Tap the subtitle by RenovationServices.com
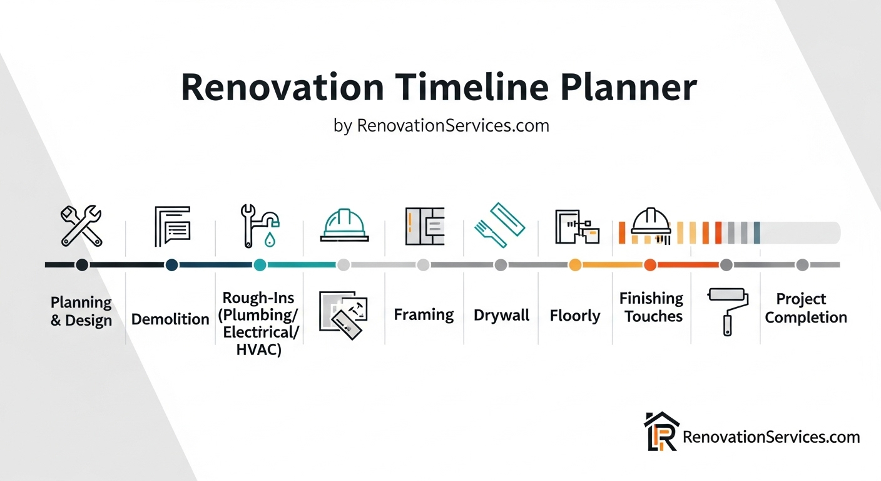[x=441, y=126]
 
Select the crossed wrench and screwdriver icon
[x=81, y=226]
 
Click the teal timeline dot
[x=260, y=265]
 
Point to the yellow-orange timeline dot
[x=575, y=265]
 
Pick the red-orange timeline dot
[x=650, y=265]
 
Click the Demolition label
[x=170, y=319]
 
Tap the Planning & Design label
[x=81, y=311]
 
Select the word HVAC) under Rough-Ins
[x=259, y=349]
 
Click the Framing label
[x=424, y=315]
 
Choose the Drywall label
[x=501, y=315]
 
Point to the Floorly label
[x=575, y=316]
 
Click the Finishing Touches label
[x=652, y=308]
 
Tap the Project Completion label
[x=805, y=308]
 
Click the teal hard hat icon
[x=345, y=225]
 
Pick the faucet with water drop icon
[x=260, y=226]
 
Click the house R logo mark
[x=661, y=432]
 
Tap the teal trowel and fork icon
[x=500, y=225]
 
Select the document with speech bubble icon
[x=173, y=226]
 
